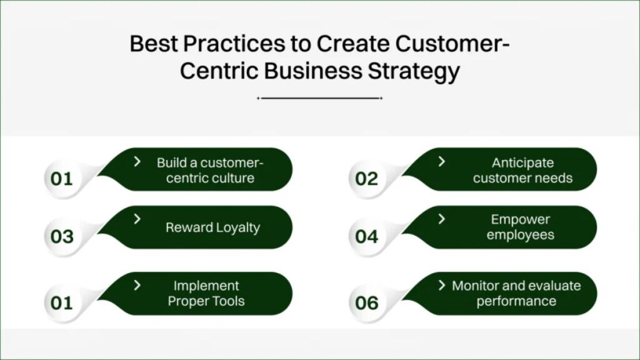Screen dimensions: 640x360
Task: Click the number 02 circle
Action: click(366, 179)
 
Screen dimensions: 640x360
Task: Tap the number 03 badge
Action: click(62, 237)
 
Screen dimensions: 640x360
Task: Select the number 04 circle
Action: click(366, 237)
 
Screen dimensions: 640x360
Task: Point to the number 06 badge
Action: click(366, 303)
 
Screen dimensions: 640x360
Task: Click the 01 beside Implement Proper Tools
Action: click(61, 303)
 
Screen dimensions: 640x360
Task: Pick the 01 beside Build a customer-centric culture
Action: click(61, 179)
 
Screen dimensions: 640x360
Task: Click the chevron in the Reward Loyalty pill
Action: click(137, 219)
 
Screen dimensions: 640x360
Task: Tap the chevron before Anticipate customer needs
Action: click(442, 162)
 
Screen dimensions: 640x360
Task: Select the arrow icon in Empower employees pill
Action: click(442, 219)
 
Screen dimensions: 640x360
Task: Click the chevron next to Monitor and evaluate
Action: click(442, 285)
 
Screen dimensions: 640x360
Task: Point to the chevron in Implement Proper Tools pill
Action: click(137, 285)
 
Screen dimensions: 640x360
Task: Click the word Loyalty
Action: click(238, 227)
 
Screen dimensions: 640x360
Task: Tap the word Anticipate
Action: click(522, 163)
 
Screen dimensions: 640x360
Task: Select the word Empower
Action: click(521, 219)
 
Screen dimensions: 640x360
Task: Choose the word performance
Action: click(516, 302)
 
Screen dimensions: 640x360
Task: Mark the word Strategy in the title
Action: click(414, 71)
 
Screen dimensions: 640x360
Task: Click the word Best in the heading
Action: click(154, 44)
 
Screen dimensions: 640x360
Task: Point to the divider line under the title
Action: click(319, 98)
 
